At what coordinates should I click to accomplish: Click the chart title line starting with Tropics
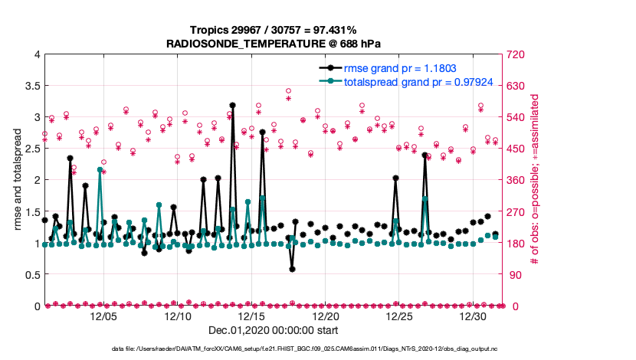pyautogui.click(x=274, y=30)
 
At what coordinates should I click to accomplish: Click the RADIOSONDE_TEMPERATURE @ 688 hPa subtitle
pyautogui.click(x=274, y=44)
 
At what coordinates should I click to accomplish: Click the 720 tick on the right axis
pyautogui.click(x=515, y=54)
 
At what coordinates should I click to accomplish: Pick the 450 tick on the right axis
pyautogui.click(x=515, y=149)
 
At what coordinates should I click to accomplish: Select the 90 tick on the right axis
pyautogui.click(x=512, y=274)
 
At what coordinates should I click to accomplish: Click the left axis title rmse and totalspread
pyautogui.click(x=18, y=180)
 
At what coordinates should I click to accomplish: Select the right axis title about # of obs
pyautogui.click(x=536, y=180)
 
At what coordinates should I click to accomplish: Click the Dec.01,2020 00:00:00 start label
pyautogui.click(x=274, y=330)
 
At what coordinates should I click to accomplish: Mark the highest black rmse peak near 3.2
pyautogui.click(x=232, y=105)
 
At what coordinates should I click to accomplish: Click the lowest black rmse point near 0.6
pyautogui.click(x=292, y=269)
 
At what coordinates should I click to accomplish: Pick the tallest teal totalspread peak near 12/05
pyautogui.click(x=100, y=169)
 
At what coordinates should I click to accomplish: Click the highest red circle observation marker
pyautogui.click(x=288, y=91)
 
